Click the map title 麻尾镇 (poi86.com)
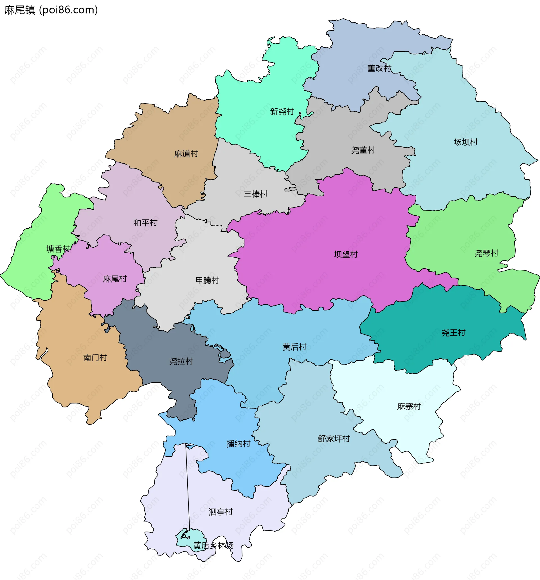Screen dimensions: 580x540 pyautogui.click(x=51, y=10)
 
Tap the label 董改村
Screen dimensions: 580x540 pyautogui.click(x=379, y=68)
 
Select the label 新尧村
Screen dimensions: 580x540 pyautogui.click(x=282, y=111)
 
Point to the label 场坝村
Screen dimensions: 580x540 pyautogui.click(x=465, y=142)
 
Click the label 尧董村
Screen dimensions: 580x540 pyautogui.click(x=363, y=150)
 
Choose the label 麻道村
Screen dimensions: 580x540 pyautogui.click(x=186, y=154)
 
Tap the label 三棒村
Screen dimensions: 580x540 pyautogui.click(x=255, y=194)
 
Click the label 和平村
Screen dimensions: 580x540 pyautogui.click(x=145, y=223)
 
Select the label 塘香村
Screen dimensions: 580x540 pyautogui.click(x=58, y=249)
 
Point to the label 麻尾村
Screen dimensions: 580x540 pyautogui.click(x=115, y=279)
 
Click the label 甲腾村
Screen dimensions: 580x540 pyautogui.click(x=207, y=280)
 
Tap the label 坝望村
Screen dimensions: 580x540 pyautogui.click(x=346, y=255)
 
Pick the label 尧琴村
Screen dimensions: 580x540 pyautogui.click(x=486, y=253)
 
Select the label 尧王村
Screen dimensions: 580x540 pyautogui.click(x=453, y=333)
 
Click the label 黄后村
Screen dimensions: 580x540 pyautogui.click(x=294, y=347)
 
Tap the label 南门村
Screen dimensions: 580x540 pyautogui.click(x=95, y=358)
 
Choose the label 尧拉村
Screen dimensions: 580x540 pyautogui.click(x=181, y=362)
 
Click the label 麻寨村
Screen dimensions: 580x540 pyautogui.click(x=409, y=406)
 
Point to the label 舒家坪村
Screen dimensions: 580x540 pyautogui.click(x=334, y=438)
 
